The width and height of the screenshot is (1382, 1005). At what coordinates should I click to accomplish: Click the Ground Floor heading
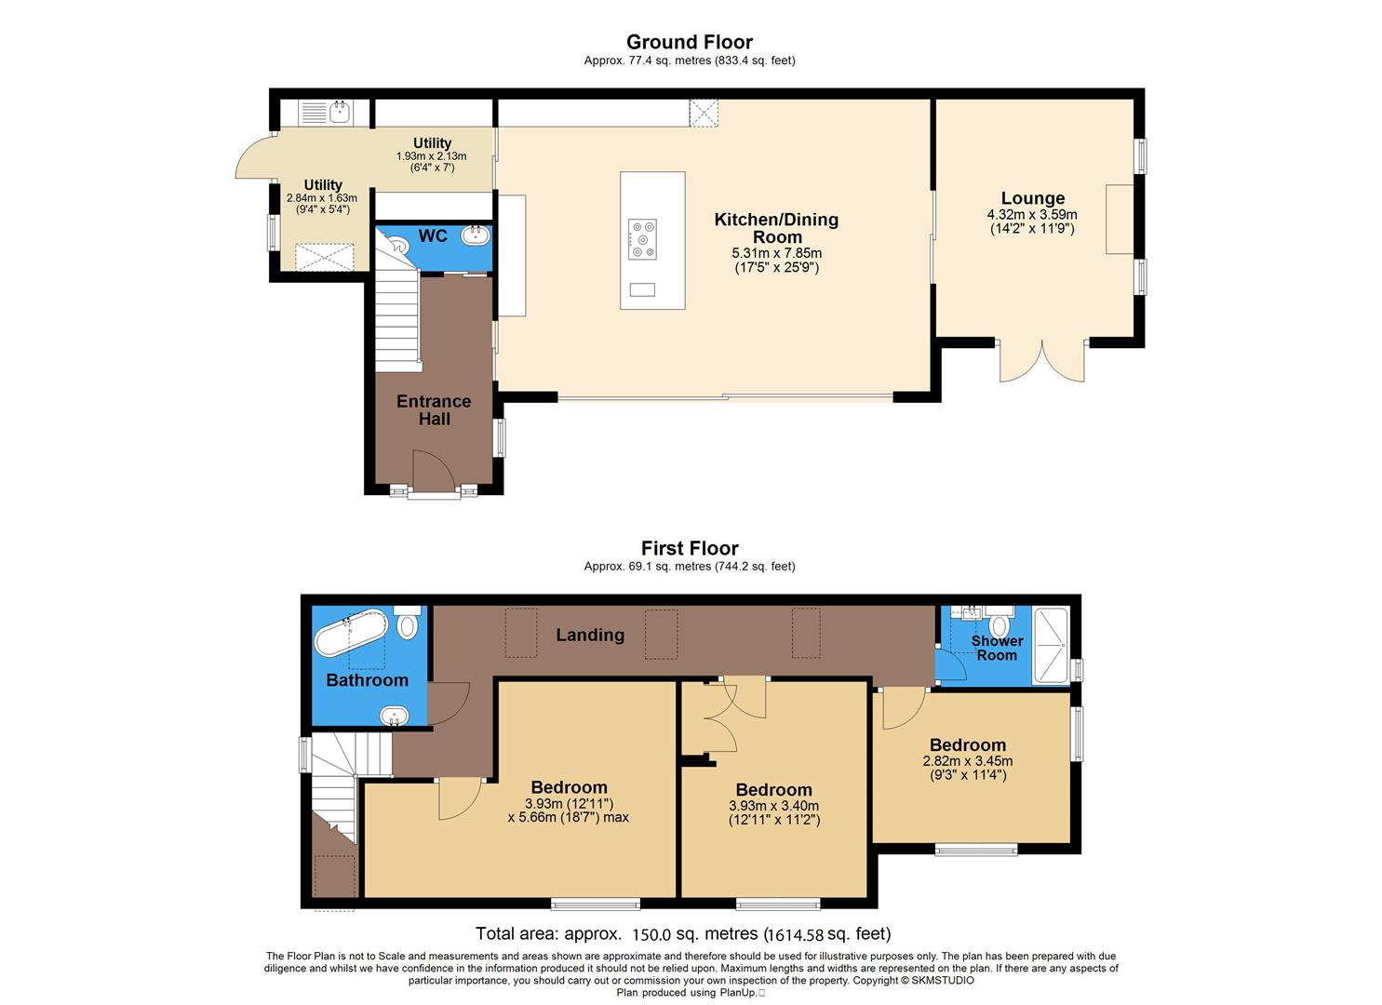coord(689,42)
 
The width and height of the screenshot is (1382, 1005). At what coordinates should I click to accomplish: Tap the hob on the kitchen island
coord(642,238)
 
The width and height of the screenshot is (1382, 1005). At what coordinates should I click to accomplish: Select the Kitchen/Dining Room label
coord(776,228)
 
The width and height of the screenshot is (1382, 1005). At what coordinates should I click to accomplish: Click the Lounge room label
coord(1032,198)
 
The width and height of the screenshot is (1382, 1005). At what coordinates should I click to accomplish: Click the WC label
coord(432,236)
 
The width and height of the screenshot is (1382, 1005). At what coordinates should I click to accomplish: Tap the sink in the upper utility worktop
coord(340,113)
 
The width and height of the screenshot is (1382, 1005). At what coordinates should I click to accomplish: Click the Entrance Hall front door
coord(433,470)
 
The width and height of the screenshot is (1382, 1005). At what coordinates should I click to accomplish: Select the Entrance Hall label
coord(434,410)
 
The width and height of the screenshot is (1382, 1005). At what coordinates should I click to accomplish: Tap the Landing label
coord(590,635)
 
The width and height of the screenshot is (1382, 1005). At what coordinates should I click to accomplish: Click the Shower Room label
coord(997,648)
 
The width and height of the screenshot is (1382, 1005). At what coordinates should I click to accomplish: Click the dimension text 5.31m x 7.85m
coord(776,253)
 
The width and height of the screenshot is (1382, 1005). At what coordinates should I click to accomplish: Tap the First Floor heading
coord(689,548)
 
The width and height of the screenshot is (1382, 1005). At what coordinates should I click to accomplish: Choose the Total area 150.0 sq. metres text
coord(682,933)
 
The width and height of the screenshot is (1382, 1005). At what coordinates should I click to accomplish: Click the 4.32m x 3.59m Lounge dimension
coord(1032,215)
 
